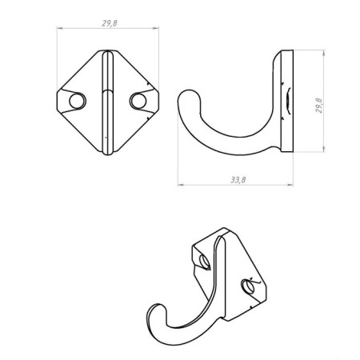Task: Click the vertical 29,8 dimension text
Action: coord(318,107)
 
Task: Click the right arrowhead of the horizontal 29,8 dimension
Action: coord(158,30)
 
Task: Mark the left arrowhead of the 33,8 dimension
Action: coord(178,186)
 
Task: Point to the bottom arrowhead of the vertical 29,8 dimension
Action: coord(324,152)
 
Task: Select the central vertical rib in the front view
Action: coord(107,102)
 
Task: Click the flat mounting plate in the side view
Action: coord(288,102)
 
